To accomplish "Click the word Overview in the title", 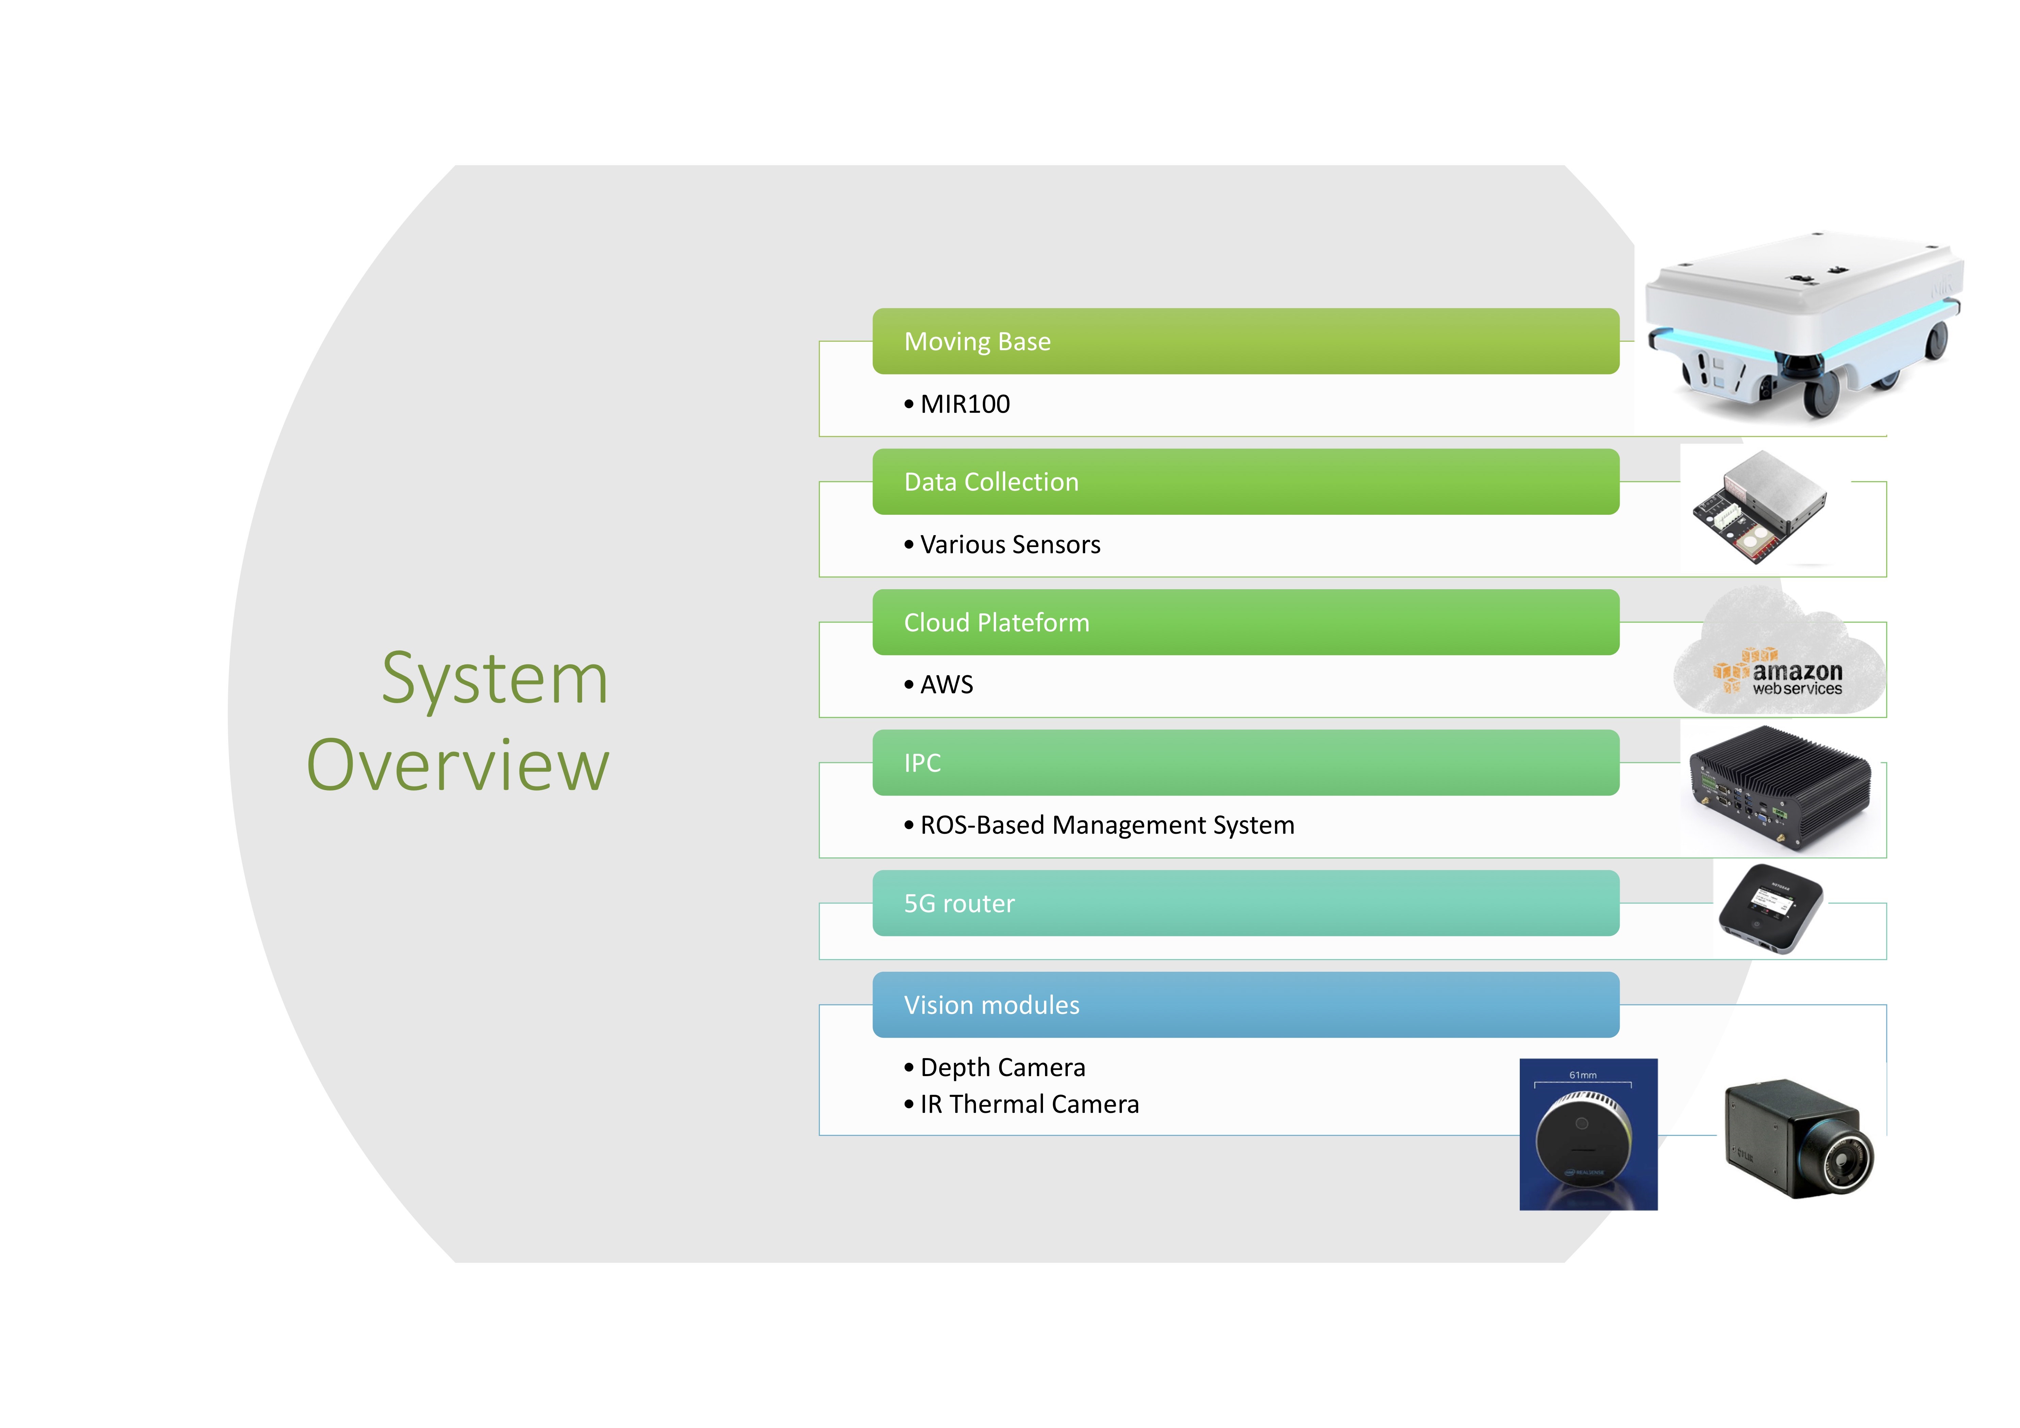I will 457,765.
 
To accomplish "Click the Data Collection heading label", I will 991,482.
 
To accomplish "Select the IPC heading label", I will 922,763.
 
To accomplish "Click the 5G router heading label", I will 959,904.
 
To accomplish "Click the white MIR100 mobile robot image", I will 1804,325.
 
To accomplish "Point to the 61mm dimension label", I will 1583,1075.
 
